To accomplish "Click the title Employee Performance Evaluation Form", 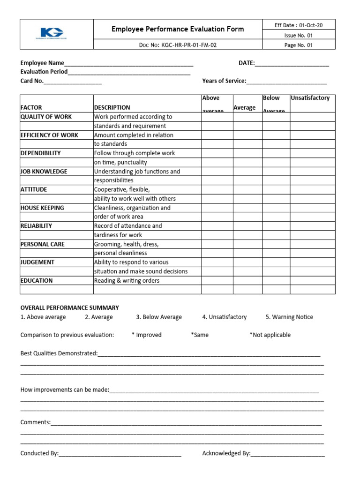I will tap(178, 29).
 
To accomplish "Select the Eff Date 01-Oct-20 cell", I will tap(299, 25).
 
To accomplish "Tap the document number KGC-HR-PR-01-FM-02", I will tap(178, 45).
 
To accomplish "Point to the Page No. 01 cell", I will tap(299, 45).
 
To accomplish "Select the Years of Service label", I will tap(224, 81).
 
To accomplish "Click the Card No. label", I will tap(32, 81).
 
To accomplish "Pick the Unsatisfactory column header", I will tap(310, 98).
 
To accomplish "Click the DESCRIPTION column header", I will tap(112, 107).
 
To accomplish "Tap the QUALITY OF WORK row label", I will tap(46, 117).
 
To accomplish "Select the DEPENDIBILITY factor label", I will tap(40, 153).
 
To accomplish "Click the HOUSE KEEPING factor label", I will tap(42, 208).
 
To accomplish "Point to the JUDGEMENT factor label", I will tap(37, 262).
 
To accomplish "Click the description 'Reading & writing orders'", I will tap(127, 280).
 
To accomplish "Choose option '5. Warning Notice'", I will tap(289, 317).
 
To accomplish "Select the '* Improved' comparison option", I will tap(146, 335).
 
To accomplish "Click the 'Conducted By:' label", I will tap(39, 453).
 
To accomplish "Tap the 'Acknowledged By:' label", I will tap(226, 453).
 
